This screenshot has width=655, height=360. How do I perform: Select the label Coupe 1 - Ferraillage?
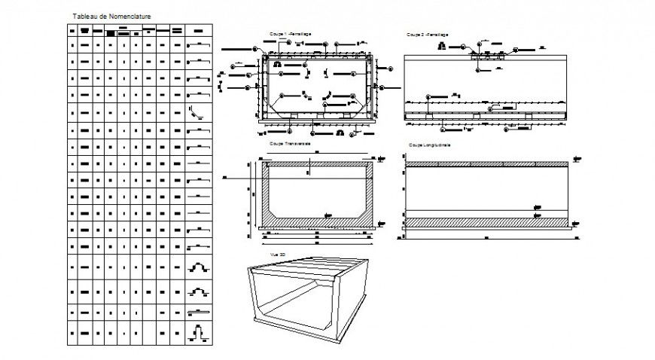(x=291, y=35)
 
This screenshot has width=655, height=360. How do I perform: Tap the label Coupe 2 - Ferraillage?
(x=427, y=35)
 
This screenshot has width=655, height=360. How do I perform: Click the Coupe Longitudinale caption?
(x=429, y=145)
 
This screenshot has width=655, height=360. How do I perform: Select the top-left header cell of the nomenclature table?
(x=73, y=31)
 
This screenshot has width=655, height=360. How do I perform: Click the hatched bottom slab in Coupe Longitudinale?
(x=486, y=223)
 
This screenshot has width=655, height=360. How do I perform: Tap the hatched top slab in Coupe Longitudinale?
(x=486, y=163)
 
